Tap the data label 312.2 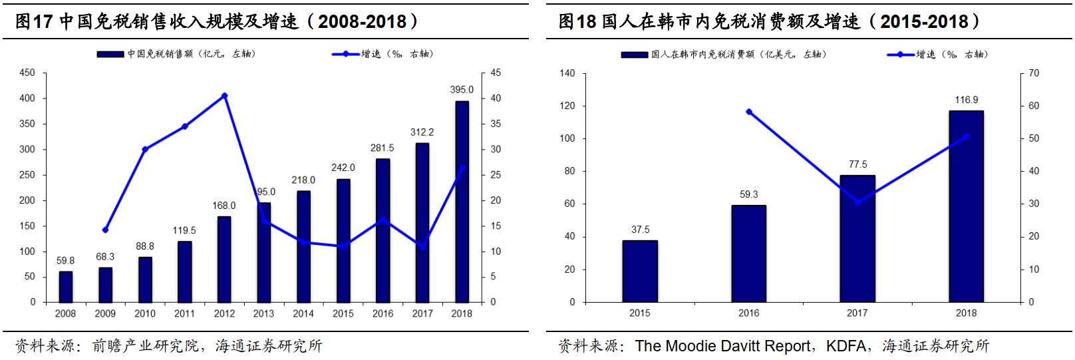[422, 132]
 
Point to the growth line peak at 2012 [224, 96]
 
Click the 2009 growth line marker [105, 230]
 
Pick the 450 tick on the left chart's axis [27, 73]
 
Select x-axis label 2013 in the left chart [263, 313]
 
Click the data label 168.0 [224, 206]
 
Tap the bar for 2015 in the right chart [640, 271]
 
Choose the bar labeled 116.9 [966, 206]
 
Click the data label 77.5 [857, 164]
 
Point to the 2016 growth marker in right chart [749, 112]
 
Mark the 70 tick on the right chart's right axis [1034, 73]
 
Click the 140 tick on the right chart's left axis [567, 73]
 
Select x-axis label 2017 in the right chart [857, 313]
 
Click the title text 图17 [33, 21]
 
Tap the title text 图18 [576, 21]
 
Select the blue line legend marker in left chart [346, 54]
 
